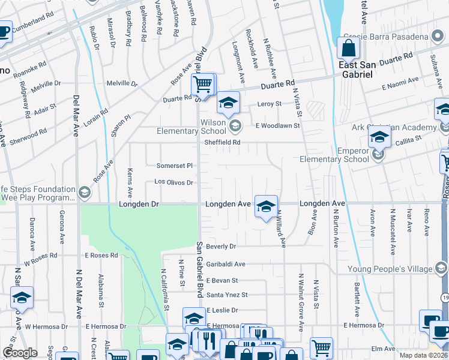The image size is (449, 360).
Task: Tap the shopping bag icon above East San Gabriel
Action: coord(348,47)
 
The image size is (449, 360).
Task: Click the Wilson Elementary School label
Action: coord(191,127)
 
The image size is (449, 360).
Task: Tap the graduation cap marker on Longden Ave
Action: coord(266,206)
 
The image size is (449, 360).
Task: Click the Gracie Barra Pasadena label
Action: coord(387,37)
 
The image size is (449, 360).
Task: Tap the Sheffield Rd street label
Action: coord(222,142)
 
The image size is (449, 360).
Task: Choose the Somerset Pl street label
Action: coord(174,165)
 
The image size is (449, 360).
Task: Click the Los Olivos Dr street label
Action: coord(173,182)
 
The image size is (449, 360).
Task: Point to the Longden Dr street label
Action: coord(138,204)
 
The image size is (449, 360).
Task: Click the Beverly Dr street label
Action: coord(221,246)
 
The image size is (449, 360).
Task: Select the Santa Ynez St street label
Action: coord(226,295)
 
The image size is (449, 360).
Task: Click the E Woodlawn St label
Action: coord(277,125)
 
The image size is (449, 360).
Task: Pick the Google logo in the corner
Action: coord(20,353)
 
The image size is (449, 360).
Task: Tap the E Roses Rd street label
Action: coord(100,255)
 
